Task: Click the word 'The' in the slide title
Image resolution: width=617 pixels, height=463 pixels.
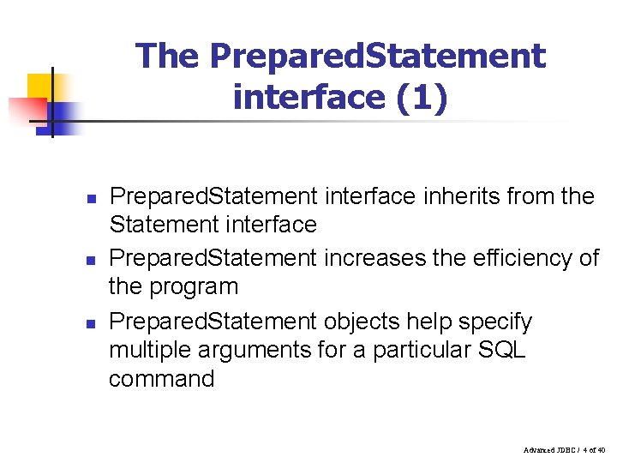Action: coord(167,57)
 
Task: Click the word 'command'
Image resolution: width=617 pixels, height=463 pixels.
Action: coord(161,378)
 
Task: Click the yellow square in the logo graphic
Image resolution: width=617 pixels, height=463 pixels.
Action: coord(40,87)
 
